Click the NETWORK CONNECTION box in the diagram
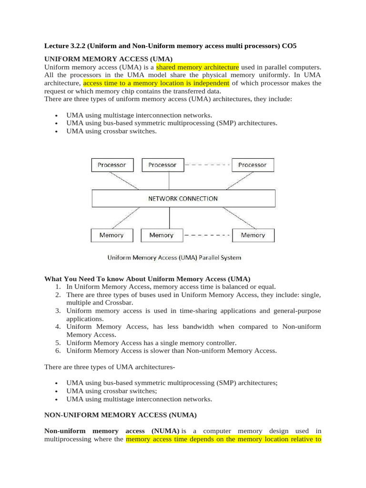(183, 198)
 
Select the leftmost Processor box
(112, 165)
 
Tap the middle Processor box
(163, 165)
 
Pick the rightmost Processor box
(253, 165)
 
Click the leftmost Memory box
(112, 235)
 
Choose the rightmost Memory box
(253, 235)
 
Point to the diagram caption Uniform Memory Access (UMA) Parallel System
(174, 257)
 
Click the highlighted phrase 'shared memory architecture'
(197, 67)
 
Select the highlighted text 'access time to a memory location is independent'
(156, 83)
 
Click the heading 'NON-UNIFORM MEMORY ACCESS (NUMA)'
(121, 415)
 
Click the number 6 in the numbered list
(57, 351)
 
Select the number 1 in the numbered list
(57, 287)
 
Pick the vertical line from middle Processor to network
(169, 181)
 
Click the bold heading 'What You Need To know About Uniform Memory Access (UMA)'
(147, 278)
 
